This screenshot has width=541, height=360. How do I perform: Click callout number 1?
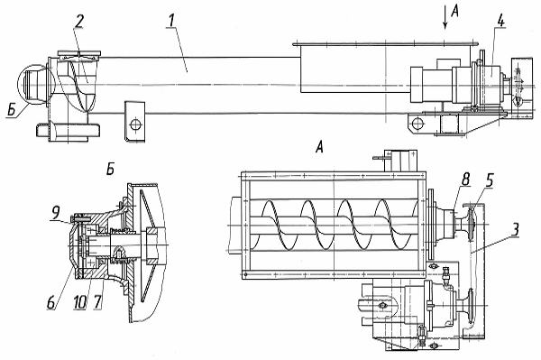[170, 22]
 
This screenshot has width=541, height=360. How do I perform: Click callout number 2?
[79, 22]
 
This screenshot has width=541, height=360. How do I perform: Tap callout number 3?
[515, 229]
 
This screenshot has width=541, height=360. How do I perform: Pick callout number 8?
[465, 180]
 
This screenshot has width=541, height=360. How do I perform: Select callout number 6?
[51, 303]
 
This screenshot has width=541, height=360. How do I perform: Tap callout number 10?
[79, 303]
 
